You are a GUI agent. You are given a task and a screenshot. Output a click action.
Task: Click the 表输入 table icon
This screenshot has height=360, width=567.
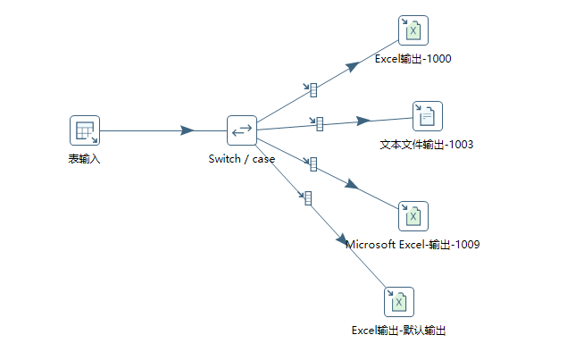click(85, 130)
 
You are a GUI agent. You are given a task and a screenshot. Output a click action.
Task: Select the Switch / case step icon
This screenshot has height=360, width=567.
click(241, 130)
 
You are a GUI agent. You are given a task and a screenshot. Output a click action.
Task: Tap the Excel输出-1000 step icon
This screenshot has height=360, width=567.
click(413, 30)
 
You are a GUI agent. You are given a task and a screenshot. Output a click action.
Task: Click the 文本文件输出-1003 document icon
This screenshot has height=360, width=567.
click(427, 115)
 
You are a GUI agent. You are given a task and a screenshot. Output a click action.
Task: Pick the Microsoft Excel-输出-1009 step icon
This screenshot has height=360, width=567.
click(413, 216)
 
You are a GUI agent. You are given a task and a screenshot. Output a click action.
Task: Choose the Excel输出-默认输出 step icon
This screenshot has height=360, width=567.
click(399, 301)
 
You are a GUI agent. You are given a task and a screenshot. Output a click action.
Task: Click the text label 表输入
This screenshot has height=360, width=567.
click(85, 159)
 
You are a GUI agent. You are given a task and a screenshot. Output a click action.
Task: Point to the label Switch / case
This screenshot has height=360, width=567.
click(241, 159)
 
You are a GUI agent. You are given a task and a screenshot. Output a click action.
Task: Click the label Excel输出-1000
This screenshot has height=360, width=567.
click(413, 60)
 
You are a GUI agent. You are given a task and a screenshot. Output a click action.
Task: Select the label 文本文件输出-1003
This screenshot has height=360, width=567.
click(427, 144)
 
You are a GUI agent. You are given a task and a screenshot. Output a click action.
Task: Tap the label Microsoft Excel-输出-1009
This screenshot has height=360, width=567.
click(413, 244)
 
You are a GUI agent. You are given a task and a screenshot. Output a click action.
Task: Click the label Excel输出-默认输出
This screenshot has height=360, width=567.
click(398, 330)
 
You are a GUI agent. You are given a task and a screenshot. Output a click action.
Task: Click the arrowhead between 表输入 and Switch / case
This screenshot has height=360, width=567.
click(187, 130)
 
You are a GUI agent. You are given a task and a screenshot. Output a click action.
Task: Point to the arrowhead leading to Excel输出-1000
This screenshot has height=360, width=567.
click(354, 64)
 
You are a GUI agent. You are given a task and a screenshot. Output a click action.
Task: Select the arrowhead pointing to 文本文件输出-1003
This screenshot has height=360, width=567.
click(363, 121)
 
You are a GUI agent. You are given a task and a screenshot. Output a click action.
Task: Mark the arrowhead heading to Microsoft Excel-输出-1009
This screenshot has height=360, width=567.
click(352, 184)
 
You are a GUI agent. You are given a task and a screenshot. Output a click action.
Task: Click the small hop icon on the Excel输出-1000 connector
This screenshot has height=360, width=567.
click(313, 89)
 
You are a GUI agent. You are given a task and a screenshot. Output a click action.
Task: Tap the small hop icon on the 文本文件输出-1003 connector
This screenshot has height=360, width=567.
click(319, 124)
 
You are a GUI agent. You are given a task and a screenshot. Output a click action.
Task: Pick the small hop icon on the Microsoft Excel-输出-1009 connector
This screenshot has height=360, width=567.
click(313, 163)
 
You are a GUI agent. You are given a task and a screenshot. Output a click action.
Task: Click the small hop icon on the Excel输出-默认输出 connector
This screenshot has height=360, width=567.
click(307, 197)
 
